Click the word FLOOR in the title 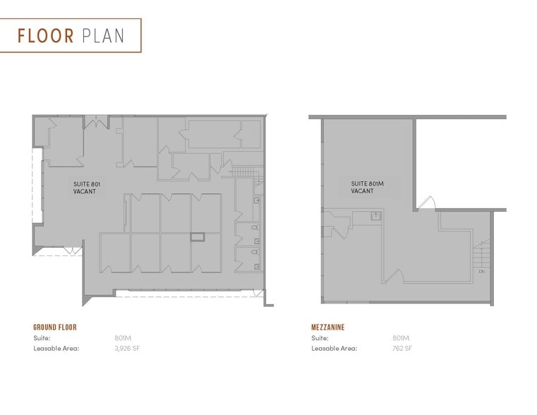coord(46,35)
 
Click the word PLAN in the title coord(103,35)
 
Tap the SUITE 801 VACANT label coord(88,188)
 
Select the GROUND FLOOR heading coord(55,327)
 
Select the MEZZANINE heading coord(328,327)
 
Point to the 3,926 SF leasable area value coord(128,348)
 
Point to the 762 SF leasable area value coord(402,348)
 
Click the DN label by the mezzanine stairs coord(481,271)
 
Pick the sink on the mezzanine coord(376,216)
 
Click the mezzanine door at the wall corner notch coord(427,204)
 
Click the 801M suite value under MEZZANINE coord(401,338)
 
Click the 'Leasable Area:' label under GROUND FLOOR coord(56,348)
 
